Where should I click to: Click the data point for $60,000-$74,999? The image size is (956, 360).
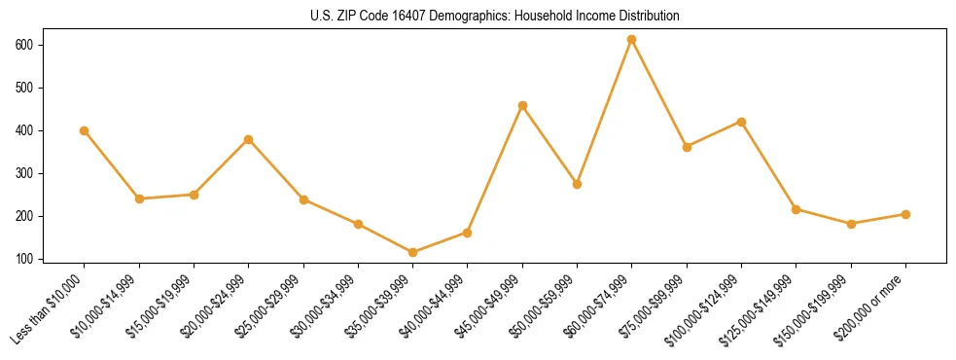pyautogui.click(x=632, y=39)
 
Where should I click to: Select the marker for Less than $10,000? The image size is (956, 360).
pyautogui.click(x=85, y=130)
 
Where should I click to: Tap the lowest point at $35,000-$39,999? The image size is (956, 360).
pyautogui.click(x=413, y=252)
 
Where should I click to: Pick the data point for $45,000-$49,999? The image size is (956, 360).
pyautogui.click(x=522, y=105)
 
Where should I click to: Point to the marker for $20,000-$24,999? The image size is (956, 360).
pyautogui.click(x=249, y=139)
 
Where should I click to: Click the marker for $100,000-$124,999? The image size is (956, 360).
pyautogui.click(x=741, y=122)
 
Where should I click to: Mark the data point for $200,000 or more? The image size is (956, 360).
pyautogui.click(x=905, y=214)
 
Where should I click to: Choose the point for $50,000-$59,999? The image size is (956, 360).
pyautogui.click(x=578, y=184)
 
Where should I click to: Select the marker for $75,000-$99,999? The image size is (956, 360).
pyautogui.click(x=687, y=147)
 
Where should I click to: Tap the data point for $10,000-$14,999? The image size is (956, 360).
pyautogui.click(x=139, y=198)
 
